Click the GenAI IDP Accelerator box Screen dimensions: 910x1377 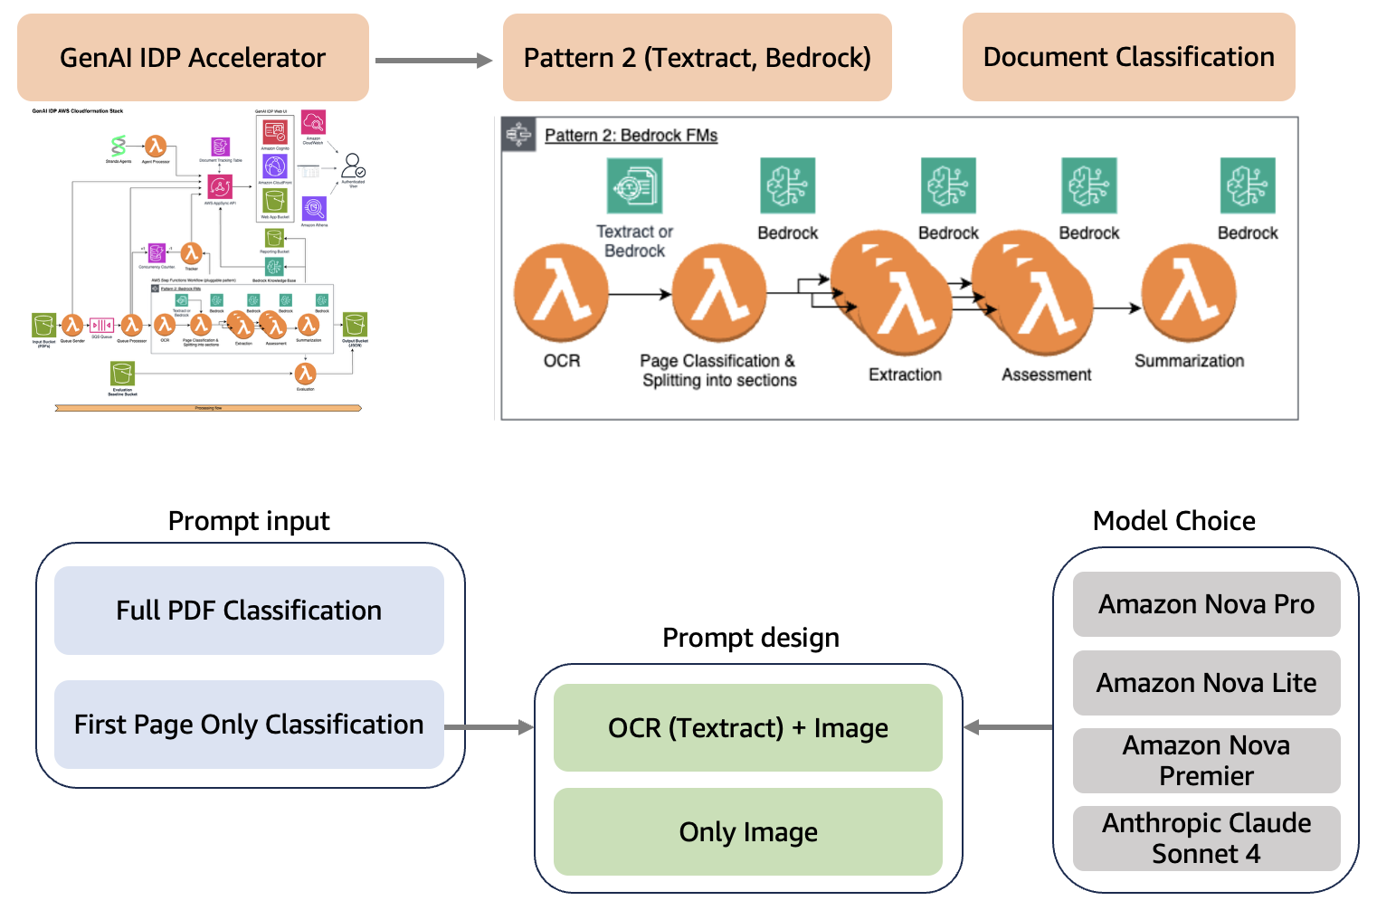[x=193, y=57]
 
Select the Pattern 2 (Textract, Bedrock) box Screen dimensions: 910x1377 [x=697, y=57]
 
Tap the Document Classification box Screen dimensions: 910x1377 [x=1128, y=57]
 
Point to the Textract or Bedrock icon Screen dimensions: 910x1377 [x=634, y=186]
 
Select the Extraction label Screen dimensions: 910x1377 [x=905, y=374]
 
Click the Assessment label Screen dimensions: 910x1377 [x=1046, y=374]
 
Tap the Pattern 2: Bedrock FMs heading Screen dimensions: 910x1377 [x=631, y=136]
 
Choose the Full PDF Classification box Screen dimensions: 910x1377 [x=249, y=611]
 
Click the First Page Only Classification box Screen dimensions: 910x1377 [x=249, y=725]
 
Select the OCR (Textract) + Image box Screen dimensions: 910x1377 [x=747, y=727]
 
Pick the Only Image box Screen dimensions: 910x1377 [x=747, y=832]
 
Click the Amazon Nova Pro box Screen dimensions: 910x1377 [x=1206, y=604]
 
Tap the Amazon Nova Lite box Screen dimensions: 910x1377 [x=1206, y=683]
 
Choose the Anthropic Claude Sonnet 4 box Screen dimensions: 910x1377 [x=1206, y=839]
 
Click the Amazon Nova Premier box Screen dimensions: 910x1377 [x=1206, y=761]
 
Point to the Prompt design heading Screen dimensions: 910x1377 [x=750, y=638]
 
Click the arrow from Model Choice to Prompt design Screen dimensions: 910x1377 [x=1009, y=727]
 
